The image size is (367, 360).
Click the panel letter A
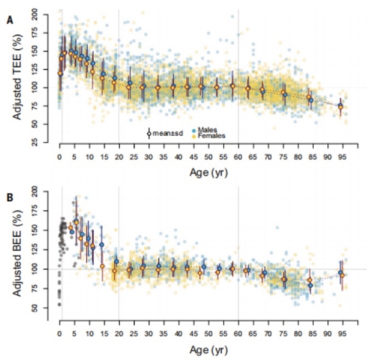click(x=10, y=20)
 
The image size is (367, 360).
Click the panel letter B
click(x=10, y=197)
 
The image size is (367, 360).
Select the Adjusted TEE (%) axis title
click(x=17, y=77)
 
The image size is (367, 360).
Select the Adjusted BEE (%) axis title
click(x=17, y=253)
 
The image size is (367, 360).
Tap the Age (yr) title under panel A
click(x=209, y=173)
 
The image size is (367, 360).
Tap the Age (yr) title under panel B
click(x=209, y=350)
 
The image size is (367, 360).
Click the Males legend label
click(x=207, y=130)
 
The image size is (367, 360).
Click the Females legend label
click(x=212, y=136)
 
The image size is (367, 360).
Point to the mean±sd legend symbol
click(x=149, y=134)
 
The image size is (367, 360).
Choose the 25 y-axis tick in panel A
click(x=34, y=142)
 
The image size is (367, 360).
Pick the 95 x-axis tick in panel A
click(x=342, y=157)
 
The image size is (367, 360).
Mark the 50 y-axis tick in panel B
click(x=34, y=307)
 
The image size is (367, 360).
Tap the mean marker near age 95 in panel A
click(x=341, y=107)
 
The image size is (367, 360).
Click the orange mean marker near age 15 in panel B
click(x=102, y=266)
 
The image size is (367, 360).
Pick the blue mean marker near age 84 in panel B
click(x=310, y=285)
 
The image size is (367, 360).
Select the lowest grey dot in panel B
click(x=59, y=304)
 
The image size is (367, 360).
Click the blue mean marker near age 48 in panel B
click(x=204, y=266)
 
